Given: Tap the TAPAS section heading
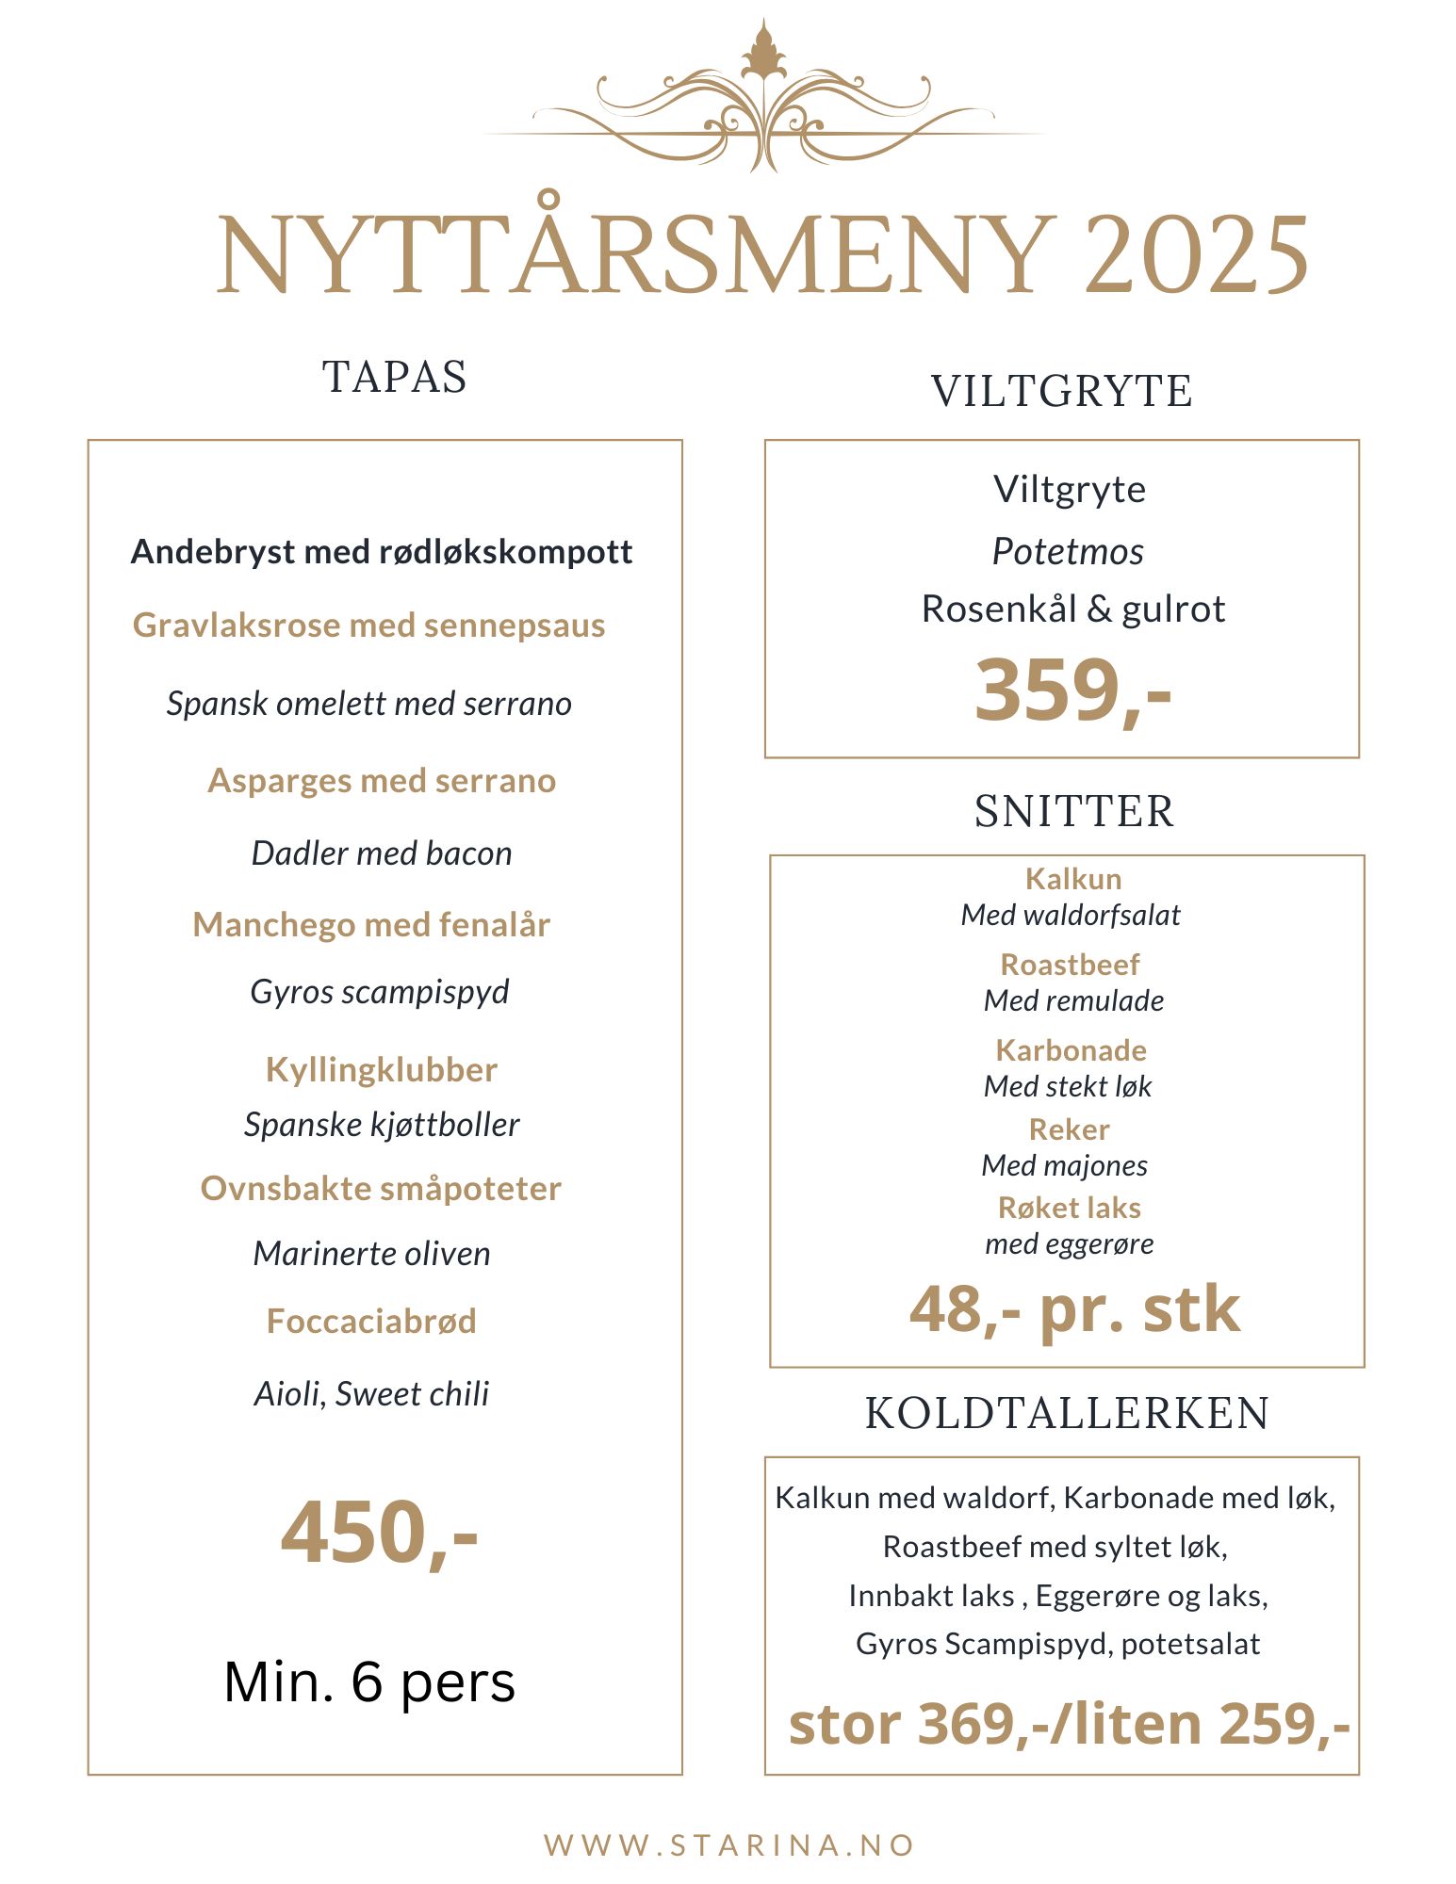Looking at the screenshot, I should pos(394,377).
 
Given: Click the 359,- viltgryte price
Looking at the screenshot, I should pos(1072,690).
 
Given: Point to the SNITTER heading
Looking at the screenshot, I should pos(1074,811).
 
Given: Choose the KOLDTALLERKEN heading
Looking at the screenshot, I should pos(1067,1413).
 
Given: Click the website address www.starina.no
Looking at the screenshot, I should pos(729,1844).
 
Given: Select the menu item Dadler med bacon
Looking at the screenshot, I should pos(382,853).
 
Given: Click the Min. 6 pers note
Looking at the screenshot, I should pos(369,1682).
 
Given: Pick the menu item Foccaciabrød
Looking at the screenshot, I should pos(371,1321).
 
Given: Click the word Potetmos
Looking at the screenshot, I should pos(1068,552).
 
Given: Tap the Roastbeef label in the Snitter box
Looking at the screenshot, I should pos(1070,965).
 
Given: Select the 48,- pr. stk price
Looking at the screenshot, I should pos(1074,1309).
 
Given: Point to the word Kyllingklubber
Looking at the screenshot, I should pos(382,1070).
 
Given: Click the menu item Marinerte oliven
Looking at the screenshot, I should pos(372,1254).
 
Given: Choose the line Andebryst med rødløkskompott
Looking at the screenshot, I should pos(382,552).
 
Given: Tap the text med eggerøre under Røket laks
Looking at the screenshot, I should pos(1070,1244).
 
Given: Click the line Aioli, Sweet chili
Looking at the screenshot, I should pos(372,1394).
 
